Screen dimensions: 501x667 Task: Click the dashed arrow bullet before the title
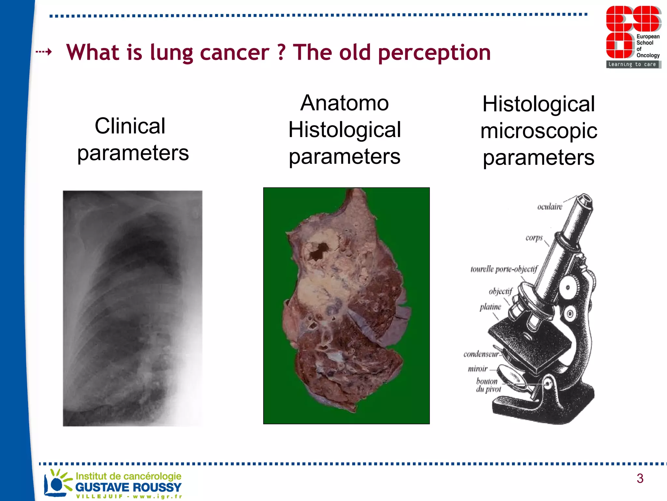tap(44, 52)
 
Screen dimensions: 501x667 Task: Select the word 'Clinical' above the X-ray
tap(130, 126)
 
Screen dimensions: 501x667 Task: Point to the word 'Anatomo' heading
tap(344, 103)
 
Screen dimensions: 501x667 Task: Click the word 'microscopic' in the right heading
tap(539, 131)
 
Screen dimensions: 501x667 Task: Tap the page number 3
tap(640, 478)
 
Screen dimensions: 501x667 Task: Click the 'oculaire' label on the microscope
tap(550, 207)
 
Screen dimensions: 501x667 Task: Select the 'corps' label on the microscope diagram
tap(534, 238)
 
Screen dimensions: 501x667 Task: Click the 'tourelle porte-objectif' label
tap(504, 269)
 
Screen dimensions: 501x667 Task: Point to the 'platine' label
tap(490, 307)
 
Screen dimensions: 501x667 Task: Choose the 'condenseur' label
tap(481, 354)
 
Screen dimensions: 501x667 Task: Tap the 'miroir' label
tap(477, 369)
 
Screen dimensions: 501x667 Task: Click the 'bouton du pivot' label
tap(488, 385)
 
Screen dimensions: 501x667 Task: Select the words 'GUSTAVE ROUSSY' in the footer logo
tap(128, 487)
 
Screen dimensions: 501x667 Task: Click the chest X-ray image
tap(133, 308)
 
